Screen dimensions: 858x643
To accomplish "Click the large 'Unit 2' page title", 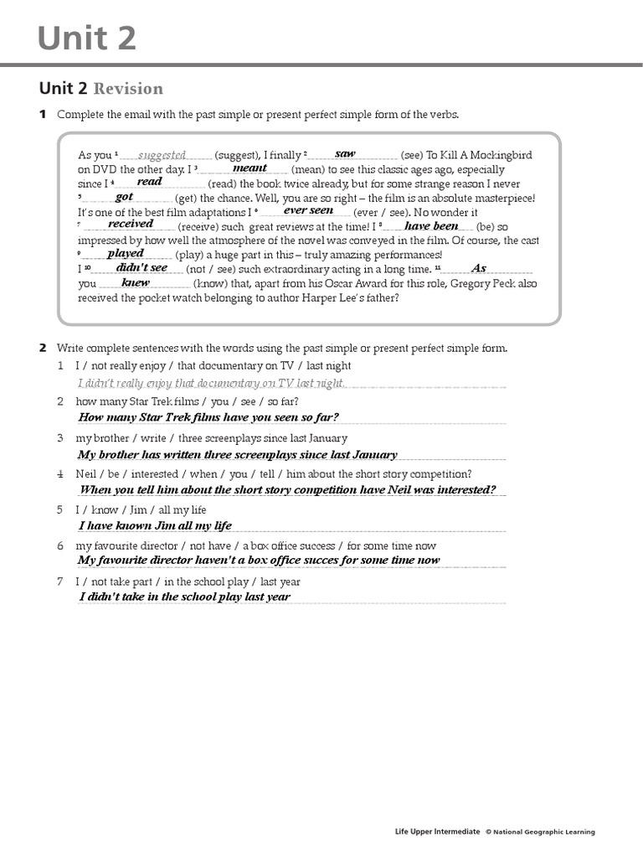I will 87,39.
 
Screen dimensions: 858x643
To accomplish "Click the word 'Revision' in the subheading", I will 128,89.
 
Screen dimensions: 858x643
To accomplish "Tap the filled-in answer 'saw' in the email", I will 345,153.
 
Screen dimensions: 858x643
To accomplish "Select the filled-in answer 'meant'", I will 249,168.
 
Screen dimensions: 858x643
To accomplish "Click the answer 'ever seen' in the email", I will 308,210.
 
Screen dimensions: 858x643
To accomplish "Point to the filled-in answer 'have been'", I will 431,225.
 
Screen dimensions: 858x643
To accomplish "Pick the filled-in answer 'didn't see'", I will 141,267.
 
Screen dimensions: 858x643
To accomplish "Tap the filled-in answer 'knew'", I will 135,282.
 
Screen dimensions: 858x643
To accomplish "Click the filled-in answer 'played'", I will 126,252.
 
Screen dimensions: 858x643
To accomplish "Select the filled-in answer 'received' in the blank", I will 130,224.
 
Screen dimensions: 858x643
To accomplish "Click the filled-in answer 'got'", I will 124,196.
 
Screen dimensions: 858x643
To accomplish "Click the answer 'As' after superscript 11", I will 479,268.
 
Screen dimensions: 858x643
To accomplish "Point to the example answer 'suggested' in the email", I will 162,155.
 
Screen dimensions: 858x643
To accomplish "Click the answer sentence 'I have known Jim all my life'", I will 155,526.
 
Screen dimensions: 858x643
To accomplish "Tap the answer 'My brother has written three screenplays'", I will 237,455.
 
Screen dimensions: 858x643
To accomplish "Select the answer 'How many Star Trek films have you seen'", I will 208,417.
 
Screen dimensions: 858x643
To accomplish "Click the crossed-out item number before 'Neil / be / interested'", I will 60,474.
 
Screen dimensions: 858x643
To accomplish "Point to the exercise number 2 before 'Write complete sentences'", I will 43,348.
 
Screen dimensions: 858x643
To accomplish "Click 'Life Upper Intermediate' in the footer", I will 437,832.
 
